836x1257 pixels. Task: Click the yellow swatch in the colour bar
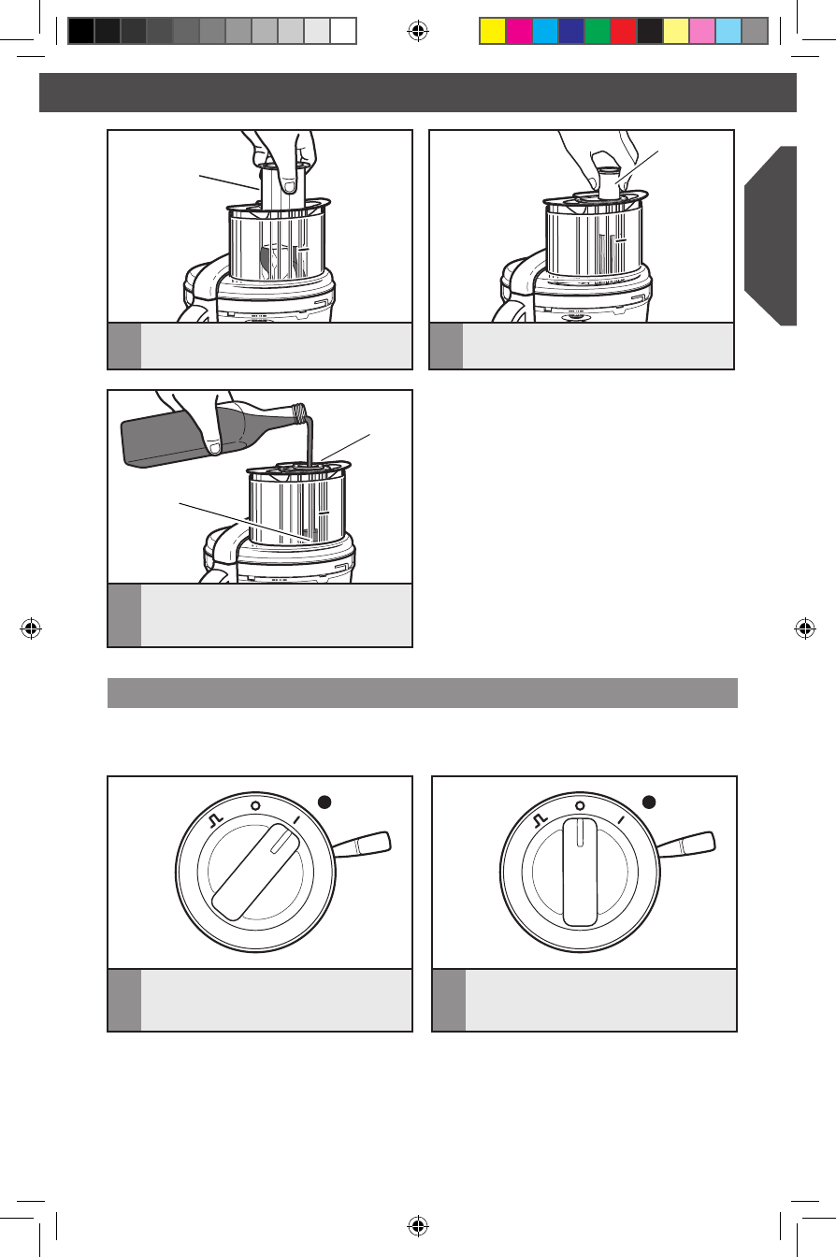coord(492,32)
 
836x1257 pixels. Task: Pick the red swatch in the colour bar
coord(623,32)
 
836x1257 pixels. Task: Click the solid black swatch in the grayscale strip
coord(81,32)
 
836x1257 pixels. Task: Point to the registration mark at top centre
coord(418,32)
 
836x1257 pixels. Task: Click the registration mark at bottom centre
coord(418,1225)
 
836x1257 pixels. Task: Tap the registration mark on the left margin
coord(32,628)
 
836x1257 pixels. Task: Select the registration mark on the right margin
coord(804,628)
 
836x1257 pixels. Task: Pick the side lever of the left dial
coord(364,845)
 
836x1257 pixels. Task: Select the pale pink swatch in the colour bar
coord(701,32)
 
